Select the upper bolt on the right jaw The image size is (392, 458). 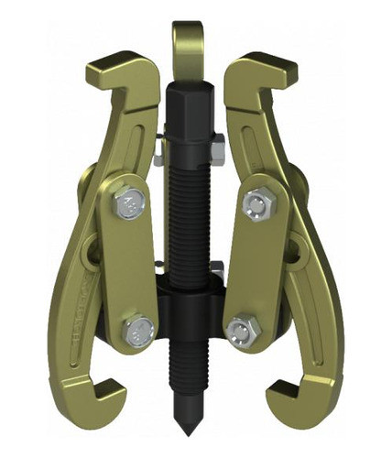coord(254,202)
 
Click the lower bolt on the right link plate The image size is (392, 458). coord(241,328)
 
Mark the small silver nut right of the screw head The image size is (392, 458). coord(217,143)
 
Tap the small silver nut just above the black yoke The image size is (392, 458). coord(217,269)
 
